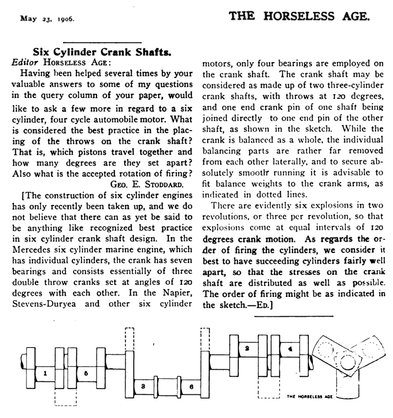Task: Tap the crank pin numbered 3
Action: point(143,387)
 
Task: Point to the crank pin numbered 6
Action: point(191,387)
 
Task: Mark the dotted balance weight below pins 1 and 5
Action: point(66,398)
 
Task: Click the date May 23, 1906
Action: point(47,19)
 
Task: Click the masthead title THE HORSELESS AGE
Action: point(299,16)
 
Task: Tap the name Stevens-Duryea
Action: point(44,303)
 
